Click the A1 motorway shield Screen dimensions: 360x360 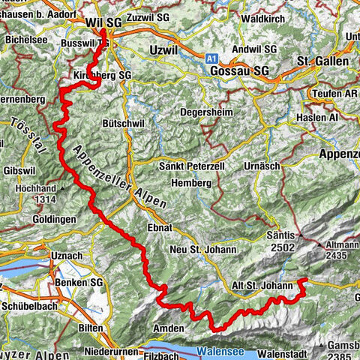tap(213, 56)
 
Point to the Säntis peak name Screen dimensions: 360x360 tap(282, 235)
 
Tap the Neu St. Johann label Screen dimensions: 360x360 tap(203, 249)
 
